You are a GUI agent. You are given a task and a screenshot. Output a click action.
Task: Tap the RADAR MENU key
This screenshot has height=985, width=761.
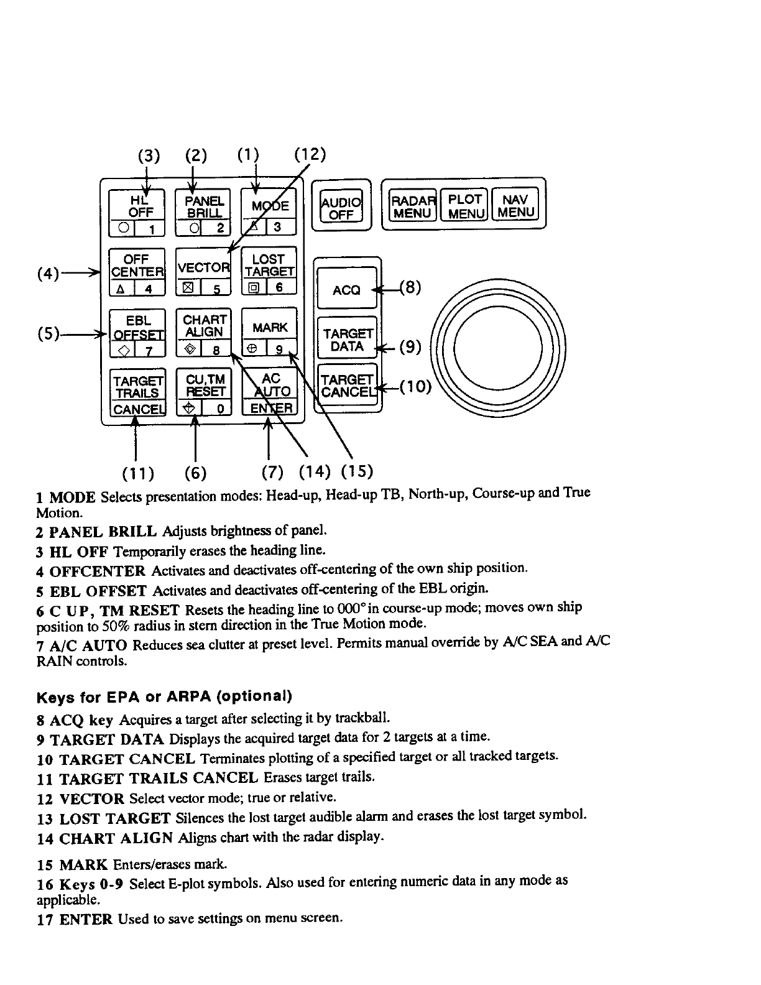tap(413, 205)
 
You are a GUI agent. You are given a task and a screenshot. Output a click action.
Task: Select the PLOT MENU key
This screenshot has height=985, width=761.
tap(465, 205)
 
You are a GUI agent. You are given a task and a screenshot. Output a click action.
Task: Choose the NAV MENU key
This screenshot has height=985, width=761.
tap(516, 205)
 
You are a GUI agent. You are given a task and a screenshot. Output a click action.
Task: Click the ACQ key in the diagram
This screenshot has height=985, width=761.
tap(346, 289)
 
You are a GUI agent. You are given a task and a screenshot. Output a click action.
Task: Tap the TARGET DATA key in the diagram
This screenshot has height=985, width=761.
tap(348, 340)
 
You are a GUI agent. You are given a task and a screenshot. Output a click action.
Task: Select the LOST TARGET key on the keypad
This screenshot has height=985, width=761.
tap(269, 271)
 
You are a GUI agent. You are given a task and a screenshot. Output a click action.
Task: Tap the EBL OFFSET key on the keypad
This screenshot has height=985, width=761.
tap(137, 333)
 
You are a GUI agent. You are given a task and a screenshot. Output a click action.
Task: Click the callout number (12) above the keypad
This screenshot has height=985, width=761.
tap(310, 154)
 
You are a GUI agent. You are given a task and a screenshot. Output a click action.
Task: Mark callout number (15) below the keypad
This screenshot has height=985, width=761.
tap(357, 471)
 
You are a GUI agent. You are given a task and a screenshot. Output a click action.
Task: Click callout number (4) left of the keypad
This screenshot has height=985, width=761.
tap(48, 273)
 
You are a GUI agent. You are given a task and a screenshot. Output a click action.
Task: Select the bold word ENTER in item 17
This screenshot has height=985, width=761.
tap(86, 919)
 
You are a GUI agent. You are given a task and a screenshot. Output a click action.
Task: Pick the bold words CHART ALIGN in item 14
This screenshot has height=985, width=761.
tap(116, 839)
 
